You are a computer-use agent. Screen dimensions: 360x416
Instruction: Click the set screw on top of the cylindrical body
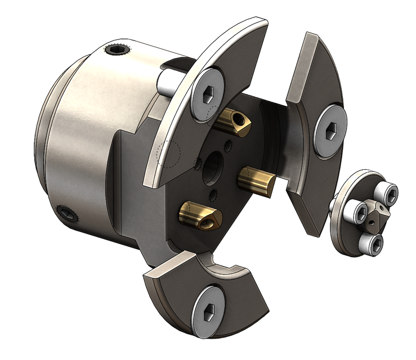pyautogui.click(x=117, y=52)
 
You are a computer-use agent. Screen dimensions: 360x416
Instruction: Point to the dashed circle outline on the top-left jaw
pyautogui.click(x=167, y=152)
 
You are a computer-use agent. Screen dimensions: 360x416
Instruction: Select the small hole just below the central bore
pyautogui.click(x=213, y=194)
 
